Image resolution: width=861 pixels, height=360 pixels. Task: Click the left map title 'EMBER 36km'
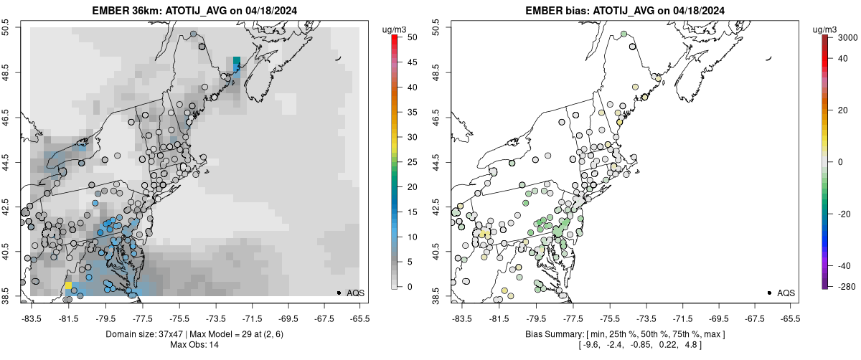123,11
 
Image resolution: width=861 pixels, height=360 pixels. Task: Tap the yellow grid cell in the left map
69,285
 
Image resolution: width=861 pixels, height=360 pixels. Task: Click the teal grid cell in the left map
237,61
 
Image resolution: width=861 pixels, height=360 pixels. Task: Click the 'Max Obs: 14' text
194,345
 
